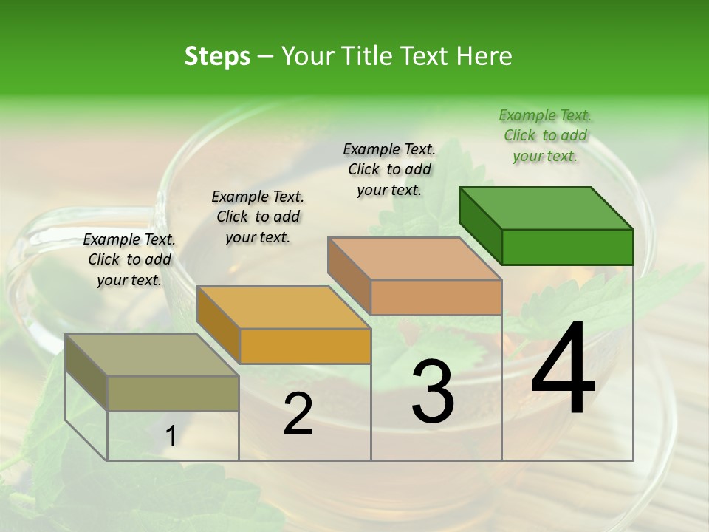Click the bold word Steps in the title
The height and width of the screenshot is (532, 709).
click(217, 56)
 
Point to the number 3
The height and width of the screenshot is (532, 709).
click(433, 391)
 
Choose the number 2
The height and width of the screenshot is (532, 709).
click(298, 414)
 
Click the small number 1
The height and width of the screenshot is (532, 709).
click(171, 437)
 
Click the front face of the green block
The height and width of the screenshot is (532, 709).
click(567, 247)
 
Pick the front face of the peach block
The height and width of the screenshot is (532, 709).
click(436, 297)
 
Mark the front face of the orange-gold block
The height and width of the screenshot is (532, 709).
click(305, 346)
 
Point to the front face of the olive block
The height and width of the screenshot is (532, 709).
click(173, 393)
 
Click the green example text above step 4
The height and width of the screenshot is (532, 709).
click(545, 135)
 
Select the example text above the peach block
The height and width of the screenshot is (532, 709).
click(389, 169)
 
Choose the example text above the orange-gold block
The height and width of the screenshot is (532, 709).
click(258, 216)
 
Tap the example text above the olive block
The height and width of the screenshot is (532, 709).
click(129, 259)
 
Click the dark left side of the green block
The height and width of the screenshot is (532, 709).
click(480, 226)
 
